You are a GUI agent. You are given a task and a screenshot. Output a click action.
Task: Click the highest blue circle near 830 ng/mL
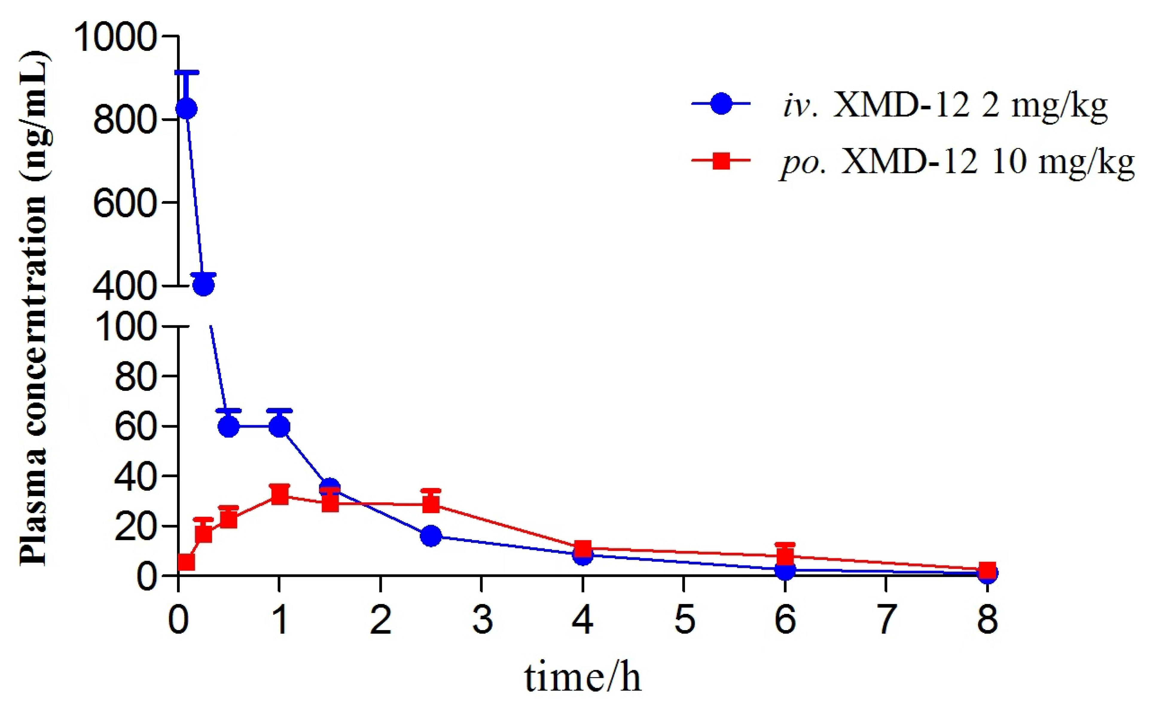click(x=186, y=109)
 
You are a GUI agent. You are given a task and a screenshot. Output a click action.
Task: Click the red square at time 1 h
click(x=279, y=494)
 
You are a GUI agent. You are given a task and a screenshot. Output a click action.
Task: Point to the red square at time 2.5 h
click(x=431, y=504)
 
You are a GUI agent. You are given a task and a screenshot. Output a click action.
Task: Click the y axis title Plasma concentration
click(x=33, y=308)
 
